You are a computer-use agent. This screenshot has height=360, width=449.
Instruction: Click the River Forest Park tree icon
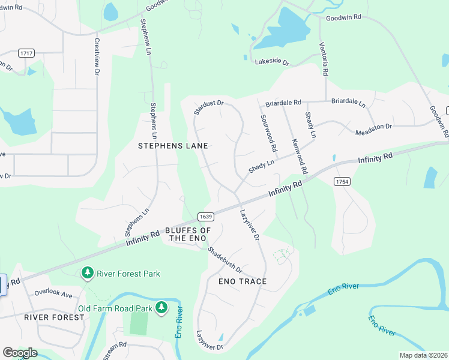click(x=88, y=274)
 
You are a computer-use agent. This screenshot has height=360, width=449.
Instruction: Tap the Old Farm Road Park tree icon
click(x=161, y=308)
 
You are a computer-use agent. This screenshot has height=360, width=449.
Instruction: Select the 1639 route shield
click(x=205, y=216)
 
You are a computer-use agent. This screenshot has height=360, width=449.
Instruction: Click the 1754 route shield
click(x=342, y=181)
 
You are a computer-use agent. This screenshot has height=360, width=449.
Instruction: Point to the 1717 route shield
click(x=26, y=53)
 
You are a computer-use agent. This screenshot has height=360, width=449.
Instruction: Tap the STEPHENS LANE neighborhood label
click(x=173, y=146)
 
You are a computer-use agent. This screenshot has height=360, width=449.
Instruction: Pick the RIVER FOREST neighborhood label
click(x=54, y=317)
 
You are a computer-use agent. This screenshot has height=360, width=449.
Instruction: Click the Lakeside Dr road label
click(x=273, y=62)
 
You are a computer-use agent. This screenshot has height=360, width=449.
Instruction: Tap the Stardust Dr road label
click(x=208, y=107)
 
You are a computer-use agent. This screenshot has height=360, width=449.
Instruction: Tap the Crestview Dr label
click(x=96, y=57)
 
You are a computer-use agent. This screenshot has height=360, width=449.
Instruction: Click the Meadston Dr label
click(x=373, y=129)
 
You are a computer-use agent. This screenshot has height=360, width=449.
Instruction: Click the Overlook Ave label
click(x=53, y=294)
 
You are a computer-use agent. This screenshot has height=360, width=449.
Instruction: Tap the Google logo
click(x=20, y=353)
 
